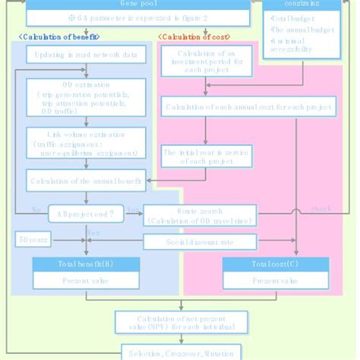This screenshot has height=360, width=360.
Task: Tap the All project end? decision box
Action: [x=85, y=214]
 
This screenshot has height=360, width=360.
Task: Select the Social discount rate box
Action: [x=200, y=242]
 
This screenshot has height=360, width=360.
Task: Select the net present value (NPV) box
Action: [x=181, y=321]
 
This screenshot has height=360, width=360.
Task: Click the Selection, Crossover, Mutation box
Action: [x=181, y=353]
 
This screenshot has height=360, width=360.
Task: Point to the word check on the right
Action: [x=321, y=209]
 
